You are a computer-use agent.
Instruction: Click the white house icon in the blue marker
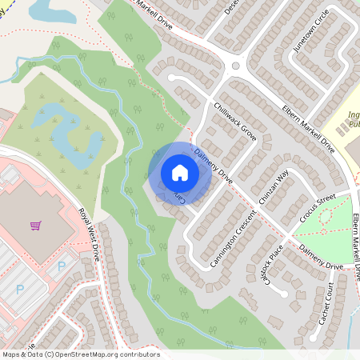[180, 173]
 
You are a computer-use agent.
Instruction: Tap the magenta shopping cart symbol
[35, 226]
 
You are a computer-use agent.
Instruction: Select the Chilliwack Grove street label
[233, 122]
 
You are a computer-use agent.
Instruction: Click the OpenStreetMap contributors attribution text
[81, 354]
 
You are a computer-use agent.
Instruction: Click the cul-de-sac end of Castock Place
[282, 293]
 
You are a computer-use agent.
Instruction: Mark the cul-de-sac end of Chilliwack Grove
[171, 78]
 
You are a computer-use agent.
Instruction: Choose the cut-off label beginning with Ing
[354, 120]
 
